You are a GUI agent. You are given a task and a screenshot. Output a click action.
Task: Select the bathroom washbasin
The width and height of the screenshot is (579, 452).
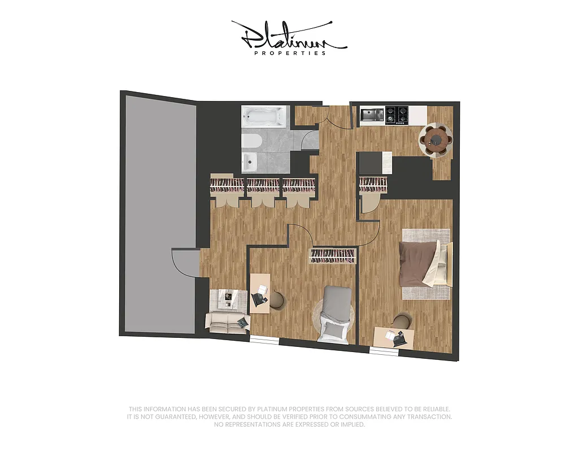250,162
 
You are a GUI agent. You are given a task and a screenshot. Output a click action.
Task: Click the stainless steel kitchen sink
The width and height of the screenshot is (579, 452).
372,115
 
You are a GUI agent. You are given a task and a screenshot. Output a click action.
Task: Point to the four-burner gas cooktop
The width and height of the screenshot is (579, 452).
397,115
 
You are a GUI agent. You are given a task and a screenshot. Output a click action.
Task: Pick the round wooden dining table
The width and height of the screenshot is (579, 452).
436,138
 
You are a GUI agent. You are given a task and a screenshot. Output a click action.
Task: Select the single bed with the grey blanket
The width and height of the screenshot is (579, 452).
337,314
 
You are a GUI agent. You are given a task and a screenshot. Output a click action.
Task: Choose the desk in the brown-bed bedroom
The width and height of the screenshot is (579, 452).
394,338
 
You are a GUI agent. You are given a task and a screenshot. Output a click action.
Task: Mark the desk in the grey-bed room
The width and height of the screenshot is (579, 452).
260,293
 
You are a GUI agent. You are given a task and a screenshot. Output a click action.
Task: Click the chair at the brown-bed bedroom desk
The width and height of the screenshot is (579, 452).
402,321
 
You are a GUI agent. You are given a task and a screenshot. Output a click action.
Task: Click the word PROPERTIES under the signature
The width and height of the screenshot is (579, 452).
290,53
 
